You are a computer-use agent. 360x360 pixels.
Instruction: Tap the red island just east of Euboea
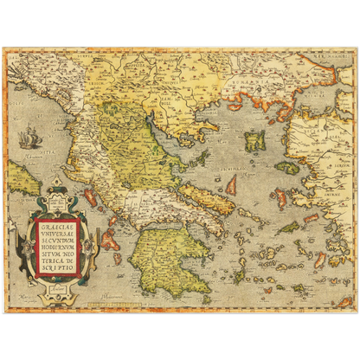232,184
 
